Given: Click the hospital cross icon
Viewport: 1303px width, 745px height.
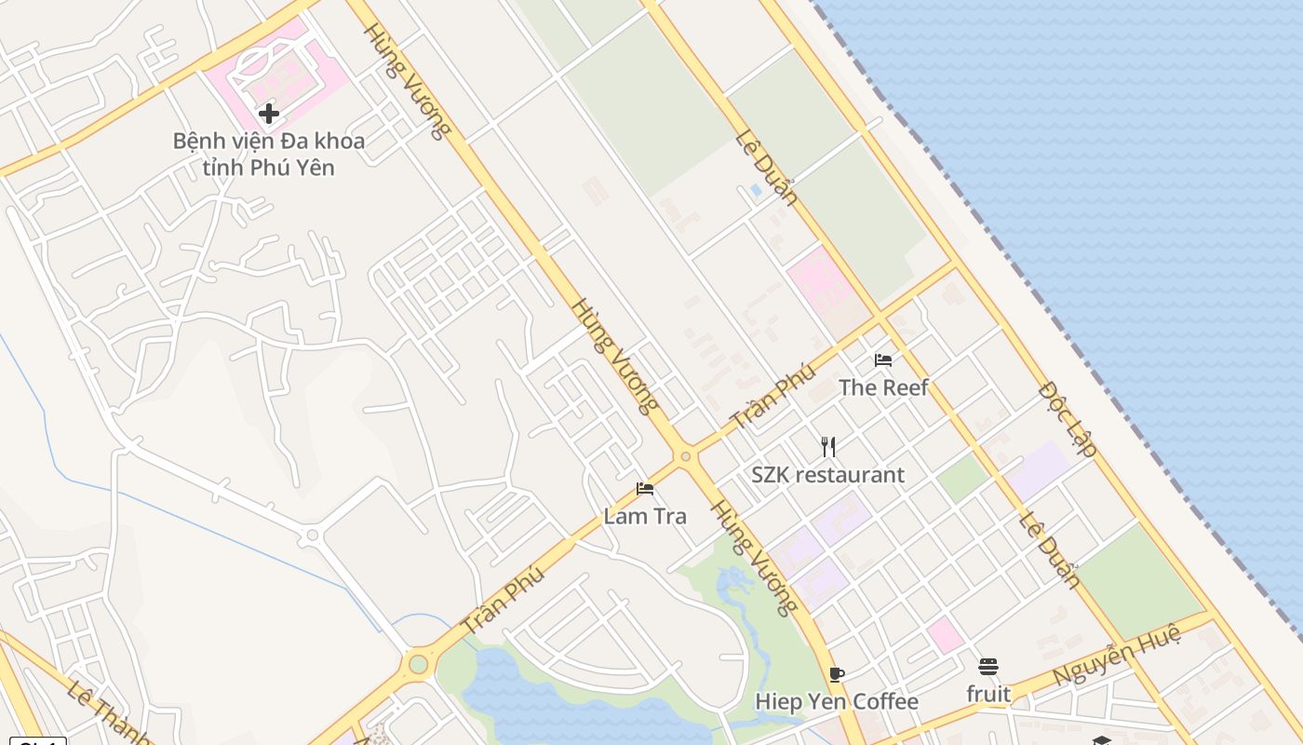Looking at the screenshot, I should (269, 114).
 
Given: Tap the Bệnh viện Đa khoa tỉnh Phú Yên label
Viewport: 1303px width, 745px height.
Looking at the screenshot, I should (269, 155).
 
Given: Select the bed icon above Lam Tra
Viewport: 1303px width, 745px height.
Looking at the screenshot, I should (645, 489).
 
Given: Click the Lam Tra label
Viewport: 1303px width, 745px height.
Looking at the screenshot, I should (645, 516).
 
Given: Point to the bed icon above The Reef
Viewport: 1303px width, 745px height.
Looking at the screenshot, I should (883, 360).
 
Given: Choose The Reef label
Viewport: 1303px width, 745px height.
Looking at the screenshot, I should (883, 387).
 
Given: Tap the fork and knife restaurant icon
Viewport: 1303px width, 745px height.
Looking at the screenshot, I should (828, 447).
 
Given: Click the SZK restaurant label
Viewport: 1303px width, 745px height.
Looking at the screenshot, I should (828, 475).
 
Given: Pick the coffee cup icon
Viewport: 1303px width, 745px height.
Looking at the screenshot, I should (837, 674).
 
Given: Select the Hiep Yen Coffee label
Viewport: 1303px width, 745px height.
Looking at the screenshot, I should (837, 701).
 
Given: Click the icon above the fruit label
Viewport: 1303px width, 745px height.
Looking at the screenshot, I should (988, 667).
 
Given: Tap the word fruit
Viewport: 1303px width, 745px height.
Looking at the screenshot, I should (988, 694).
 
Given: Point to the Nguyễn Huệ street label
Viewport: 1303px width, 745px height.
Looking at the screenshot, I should (1117, 656).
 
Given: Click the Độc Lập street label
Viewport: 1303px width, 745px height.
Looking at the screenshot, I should (1068, 418).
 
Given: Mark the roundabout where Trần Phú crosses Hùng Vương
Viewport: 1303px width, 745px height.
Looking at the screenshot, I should (686, 456).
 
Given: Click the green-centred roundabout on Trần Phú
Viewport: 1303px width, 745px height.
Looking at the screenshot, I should (418, 664).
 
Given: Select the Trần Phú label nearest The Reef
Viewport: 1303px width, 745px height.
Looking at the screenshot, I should (773, 396).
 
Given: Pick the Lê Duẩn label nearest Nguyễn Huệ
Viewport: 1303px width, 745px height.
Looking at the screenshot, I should (1050, 551).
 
